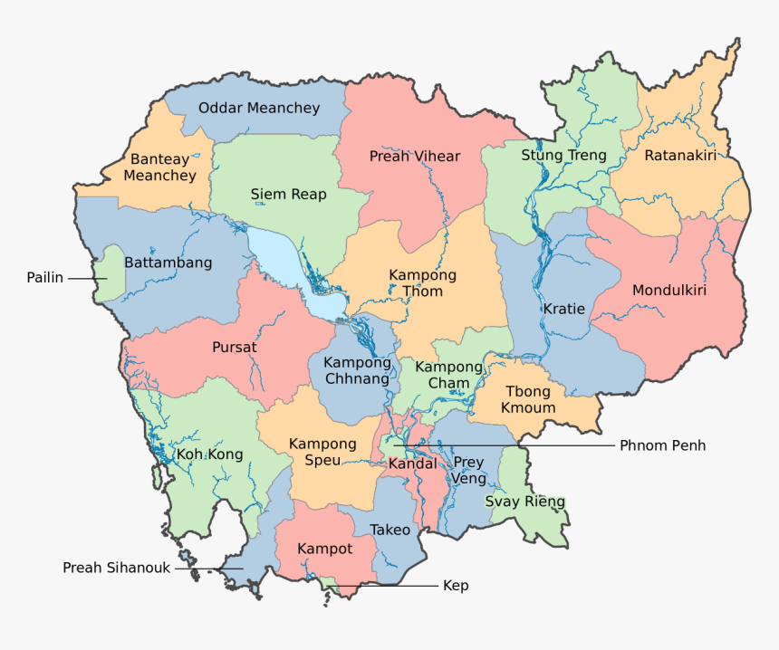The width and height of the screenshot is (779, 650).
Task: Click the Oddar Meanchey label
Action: click(x=259, y=108)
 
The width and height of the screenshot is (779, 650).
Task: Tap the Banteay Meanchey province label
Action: click(x=159, y=167)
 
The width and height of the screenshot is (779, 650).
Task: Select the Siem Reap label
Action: click(x=288, y=194)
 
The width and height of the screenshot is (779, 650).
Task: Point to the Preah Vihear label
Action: click(x=415, y=156)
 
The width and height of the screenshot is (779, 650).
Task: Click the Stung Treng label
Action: click(x=563, y=156)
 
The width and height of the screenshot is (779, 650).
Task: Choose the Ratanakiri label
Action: click(x=680, y=156)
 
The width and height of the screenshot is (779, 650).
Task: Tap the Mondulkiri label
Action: click(x=668, y=291)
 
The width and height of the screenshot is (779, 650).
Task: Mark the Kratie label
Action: click(x=563, y=309)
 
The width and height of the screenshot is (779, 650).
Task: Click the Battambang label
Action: click(x=168, y=263)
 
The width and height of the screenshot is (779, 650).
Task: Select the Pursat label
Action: click(x=234, y=347)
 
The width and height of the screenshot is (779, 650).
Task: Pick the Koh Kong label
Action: click(x=202, y=454)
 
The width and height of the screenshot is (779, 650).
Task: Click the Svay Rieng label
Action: click(x=524, y=502)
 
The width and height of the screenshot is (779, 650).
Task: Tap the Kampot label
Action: click(x=324, y=549)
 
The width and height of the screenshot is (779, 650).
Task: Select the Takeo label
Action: click(x=389, y=530)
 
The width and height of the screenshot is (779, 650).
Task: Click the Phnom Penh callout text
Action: click(x=662, y=445)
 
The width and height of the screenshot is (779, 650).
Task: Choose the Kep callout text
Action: click(x=456, y=586)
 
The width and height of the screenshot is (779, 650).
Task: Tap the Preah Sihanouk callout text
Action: click(x=116, y=568)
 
